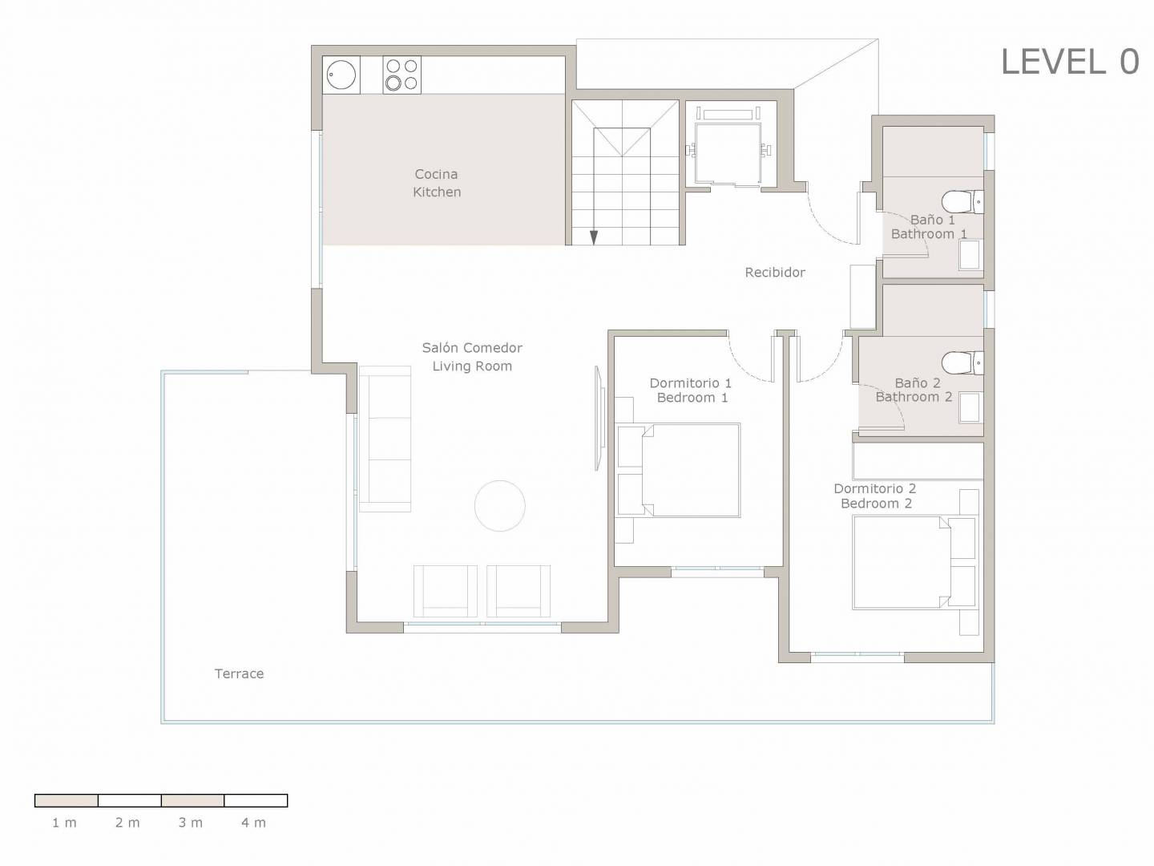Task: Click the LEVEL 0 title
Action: [1070, 62]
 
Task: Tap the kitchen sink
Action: [341, 75]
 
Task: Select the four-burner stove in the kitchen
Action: [401, 75]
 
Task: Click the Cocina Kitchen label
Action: [437, 183]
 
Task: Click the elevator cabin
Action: [728, 153]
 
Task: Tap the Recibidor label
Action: [775, 273]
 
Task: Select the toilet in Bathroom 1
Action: [962, 202]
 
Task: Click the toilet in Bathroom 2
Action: [962, 362]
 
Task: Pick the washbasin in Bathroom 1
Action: [970, 256]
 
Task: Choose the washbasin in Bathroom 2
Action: [970, 408]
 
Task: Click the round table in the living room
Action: [499, 506]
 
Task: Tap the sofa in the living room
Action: [385, 439]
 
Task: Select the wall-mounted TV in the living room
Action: [599, 418]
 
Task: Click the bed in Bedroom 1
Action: [679, 470]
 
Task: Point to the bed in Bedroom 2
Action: [915, 563]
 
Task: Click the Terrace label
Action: [239, 674]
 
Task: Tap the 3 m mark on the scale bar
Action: [190, 823]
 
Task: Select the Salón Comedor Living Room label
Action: [472, 357]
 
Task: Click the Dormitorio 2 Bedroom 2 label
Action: [875, 496]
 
